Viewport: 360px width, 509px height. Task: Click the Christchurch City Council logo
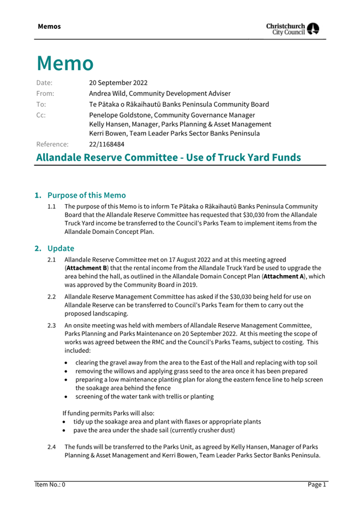point(293,29)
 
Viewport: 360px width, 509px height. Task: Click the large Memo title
point(65,63)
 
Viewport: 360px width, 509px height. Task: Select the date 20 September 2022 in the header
point(118,83)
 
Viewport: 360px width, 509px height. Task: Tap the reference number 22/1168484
point(107,144)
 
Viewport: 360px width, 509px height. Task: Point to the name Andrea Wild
point(109,93)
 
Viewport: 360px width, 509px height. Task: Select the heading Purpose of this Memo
point(86,195)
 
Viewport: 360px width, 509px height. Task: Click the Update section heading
point(60,248)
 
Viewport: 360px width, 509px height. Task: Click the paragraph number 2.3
point(52,324)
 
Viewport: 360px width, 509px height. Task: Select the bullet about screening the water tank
point(144,397)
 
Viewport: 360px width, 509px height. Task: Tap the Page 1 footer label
point(316,484)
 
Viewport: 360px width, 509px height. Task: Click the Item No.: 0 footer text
point(50,484)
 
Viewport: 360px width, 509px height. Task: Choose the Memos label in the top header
point(49,27)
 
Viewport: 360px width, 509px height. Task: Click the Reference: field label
point(52,144)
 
